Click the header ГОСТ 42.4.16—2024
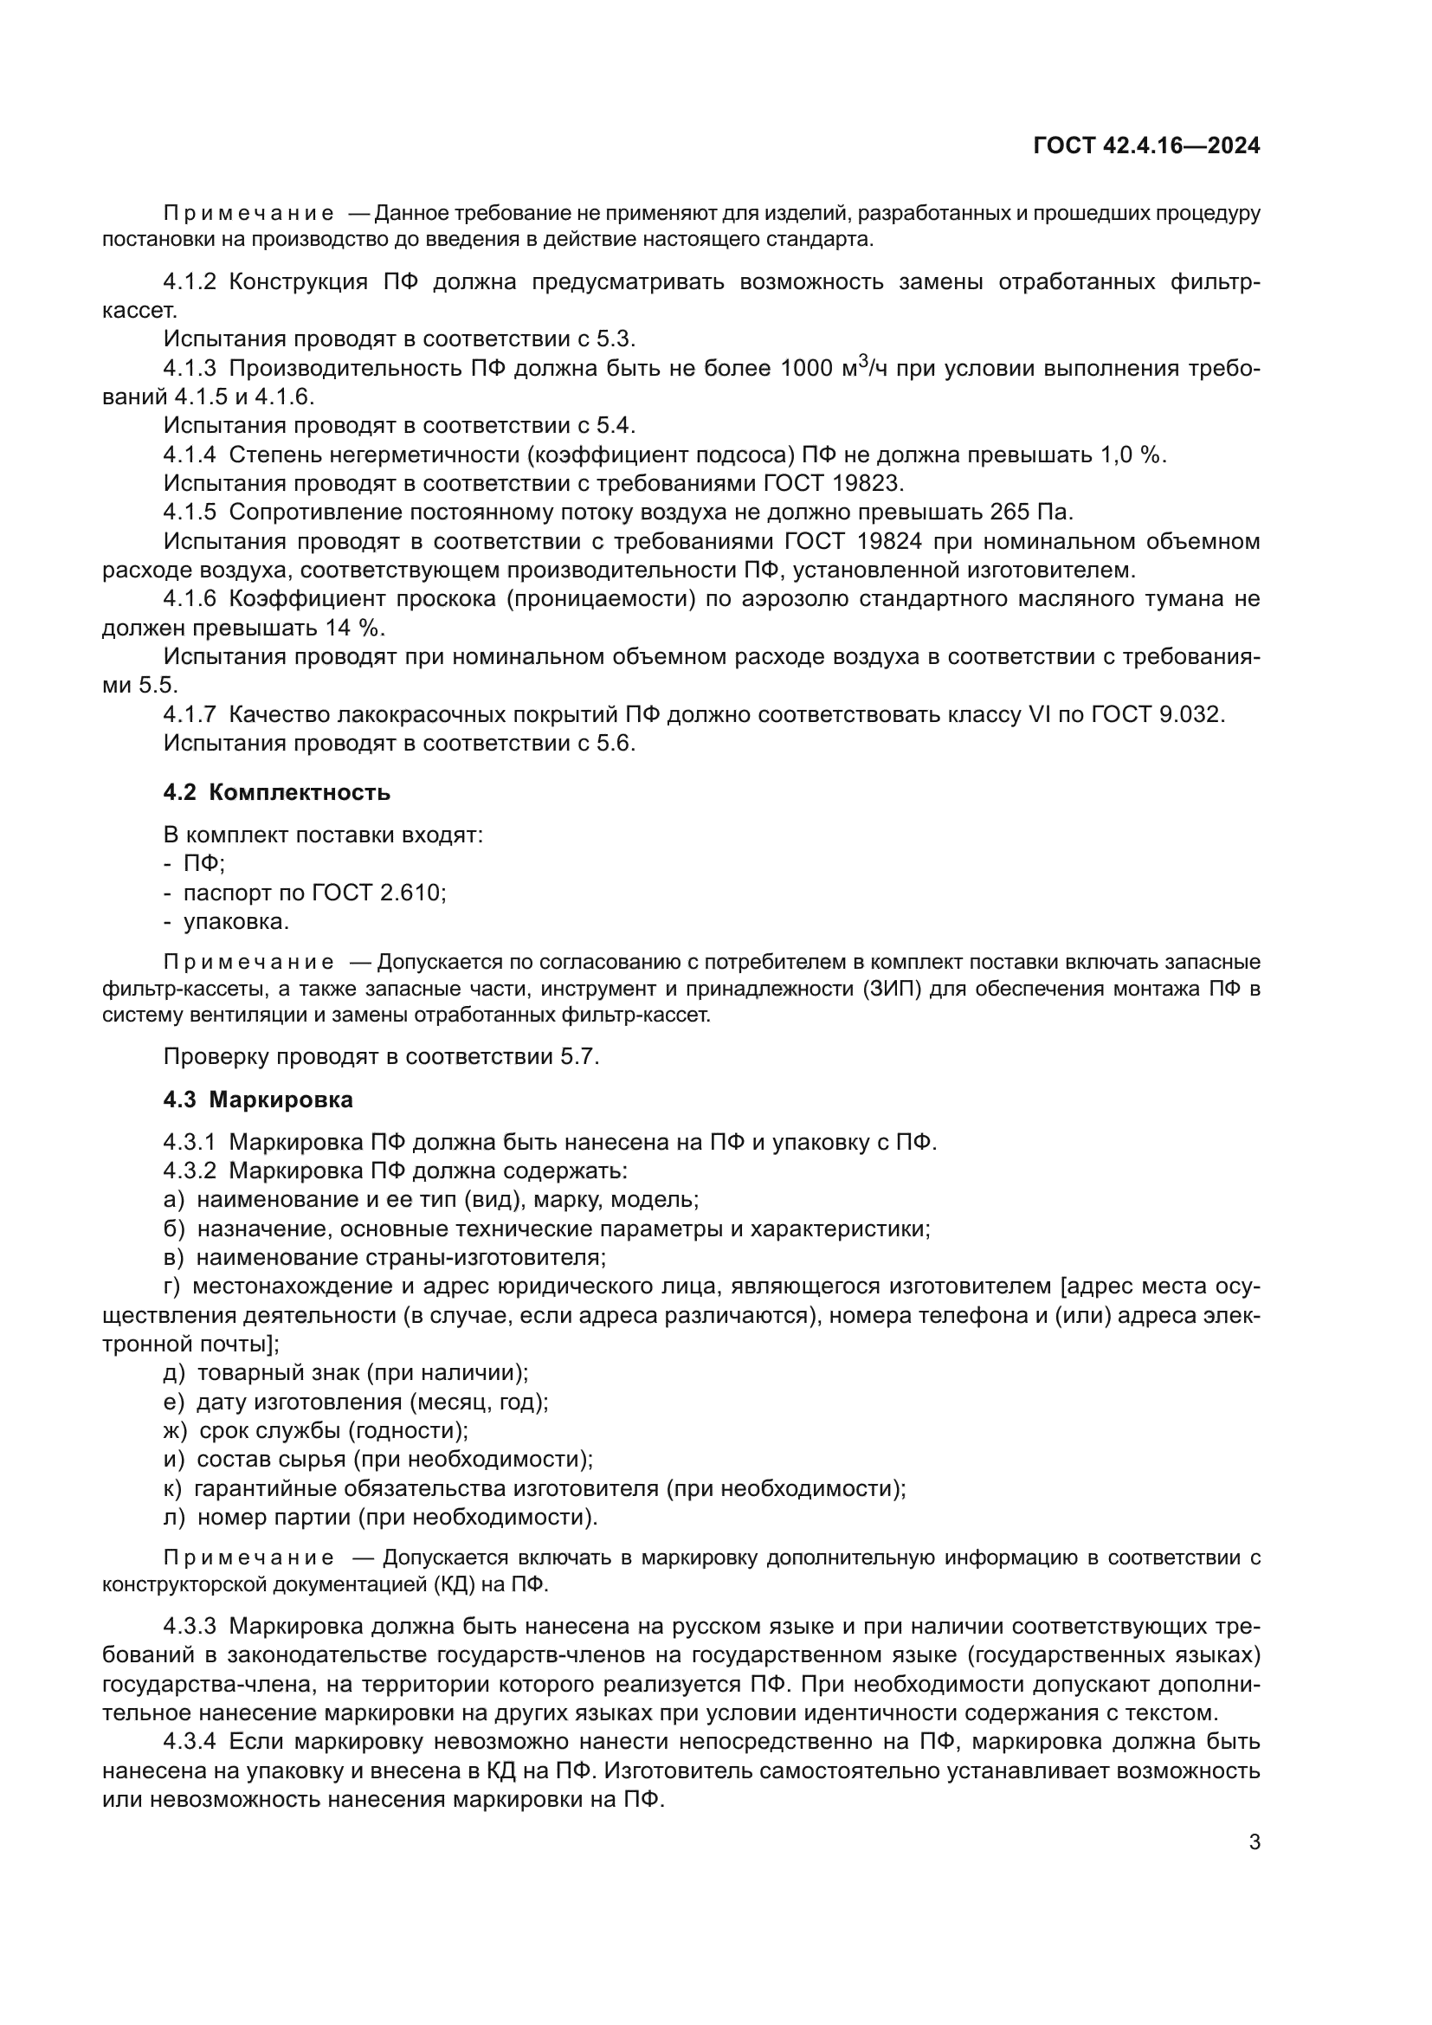point(1146,146)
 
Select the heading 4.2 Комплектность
point(276,792)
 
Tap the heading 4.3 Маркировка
point(257,1100)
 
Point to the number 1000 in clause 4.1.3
point(806,369)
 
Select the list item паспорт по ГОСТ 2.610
point(314,893)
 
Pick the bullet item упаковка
point(235,922)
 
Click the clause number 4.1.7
point(189,714)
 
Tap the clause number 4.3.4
point(189,1741)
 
